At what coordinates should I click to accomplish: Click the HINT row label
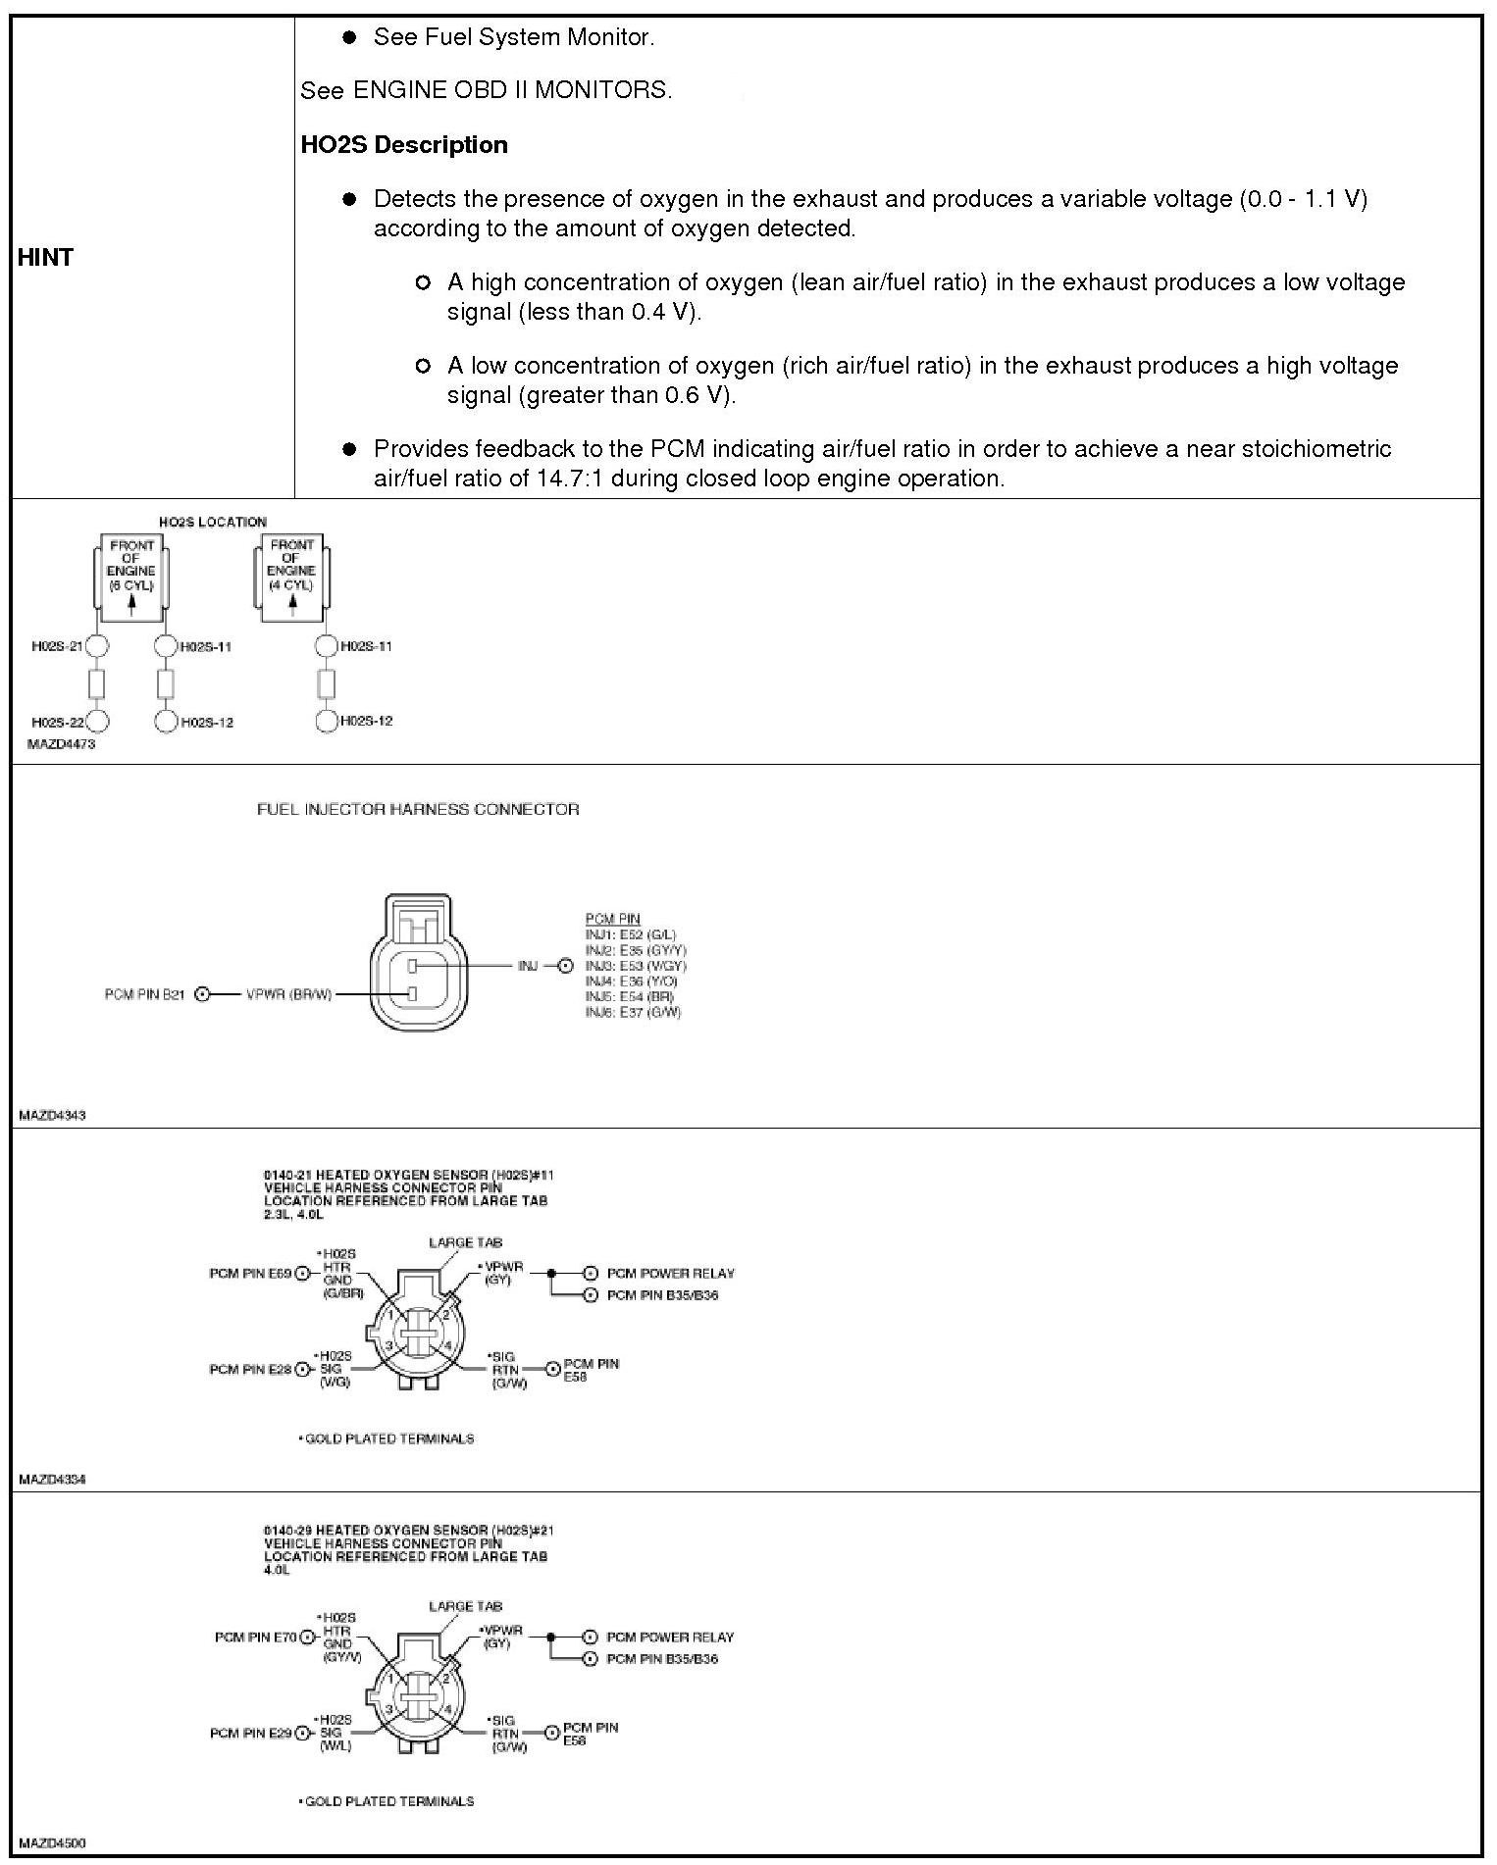click(x=45, y=257)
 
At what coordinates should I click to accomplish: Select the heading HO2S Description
click(x=403, y=145)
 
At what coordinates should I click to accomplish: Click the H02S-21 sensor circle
click(x=97, y=646)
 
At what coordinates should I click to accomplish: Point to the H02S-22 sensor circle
click(x=97, y=722)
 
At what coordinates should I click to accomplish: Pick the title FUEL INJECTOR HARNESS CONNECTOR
click(x=418, y=809)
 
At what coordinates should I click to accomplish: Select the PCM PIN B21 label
click(x=144, y=994)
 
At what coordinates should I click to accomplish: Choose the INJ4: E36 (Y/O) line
click(x=632, y=981)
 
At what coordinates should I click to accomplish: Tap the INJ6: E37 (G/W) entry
click(x=633, y=1012)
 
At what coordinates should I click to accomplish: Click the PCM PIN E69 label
click(x=250, y=1274)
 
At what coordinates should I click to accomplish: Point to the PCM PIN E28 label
click(x=250, y=1369)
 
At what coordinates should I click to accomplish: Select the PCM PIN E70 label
click(x=255, y=1637)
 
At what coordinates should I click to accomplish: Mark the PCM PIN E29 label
click(x=250, y=1733)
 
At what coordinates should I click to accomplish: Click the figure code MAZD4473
click(x=61, y=744)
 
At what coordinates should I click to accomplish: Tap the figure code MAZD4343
click(x=52, y=1115)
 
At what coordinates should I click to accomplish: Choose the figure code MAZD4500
click(x=52, y=1842)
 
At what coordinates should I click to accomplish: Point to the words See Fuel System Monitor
click(x=513, y=37)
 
